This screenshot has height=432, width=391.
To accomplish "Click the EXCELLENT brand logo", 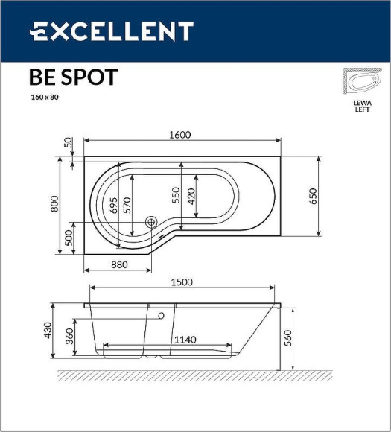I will [111, 31].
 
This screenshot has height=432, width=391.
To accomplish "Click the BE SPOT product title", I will [72, 77].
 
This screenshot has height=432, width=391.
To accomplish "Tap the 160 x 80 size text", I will [45, 98].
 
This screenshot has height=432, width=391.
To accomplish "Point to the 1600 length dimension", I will [180, 135].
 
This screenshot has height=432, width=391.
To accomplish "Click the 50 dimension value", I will [69, 142].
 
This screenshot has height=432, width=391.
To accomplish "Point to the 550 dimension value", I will [177, 195].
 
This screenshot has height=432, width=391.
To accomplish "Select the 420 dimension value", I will [191, 197].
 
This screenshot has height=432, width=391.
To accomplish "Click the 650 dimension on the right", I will [314, 196].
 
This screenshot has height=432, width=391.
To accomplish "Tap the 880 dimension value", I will [119, 264].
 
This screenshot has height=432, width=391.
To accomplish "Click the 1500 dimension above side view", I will [182, 282].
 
